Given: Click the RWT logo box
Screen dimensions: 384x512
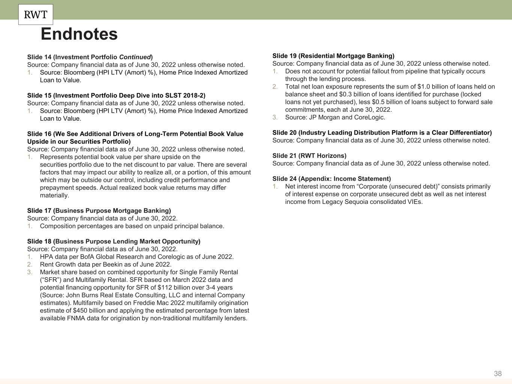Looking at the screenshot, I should (36, 15).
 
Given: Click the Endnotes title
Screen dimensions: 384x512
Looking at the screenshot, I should (79, 34).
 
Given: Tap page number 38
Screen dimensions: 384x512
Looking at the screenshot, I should (498, 373).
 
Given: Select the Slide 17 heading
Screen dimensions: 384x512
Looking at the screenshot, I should (99, 211).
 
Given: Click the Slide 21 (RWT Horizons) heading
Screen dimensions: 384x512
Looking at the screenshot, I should (309, 156).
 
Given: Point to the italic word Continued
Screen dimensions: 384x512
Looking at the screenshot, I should (135, 57).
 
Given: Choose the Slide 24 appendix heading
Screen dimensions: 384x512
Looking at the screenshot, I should (332, 179).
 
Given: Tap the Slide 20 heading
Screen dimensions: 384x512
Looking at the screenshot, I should (382, 133).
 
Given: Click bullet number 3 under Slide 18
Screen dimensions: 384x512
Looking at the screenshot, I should (30, 272).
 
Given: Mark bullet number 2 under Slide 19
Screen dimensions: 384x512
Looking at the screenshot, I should (275, 87).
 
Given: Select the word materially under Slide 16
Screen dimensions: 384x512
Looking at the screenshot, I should (54, 195).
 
